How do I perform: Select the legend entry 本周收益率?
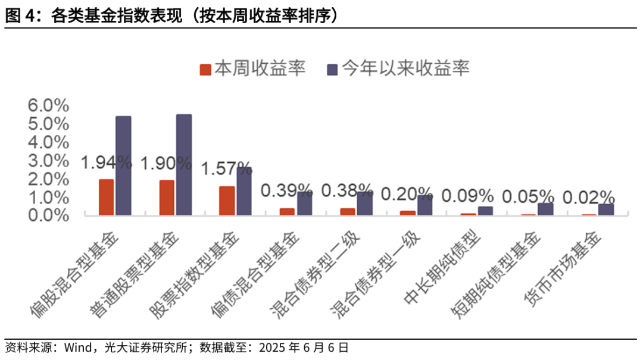(252, 69)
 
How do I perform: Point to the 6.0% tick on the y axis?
(48, 105)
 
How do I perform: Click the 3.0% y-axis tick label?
(48, 160)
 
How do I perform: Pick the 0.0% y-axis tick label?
(48, 215)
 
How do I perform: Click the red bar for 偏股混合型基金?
(106, 197)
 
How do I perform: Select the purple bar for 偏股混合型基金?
(123, 165)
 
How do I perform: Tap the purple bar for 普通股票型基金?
(184, 165)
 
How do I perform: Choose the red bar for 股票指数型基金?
(227, 201)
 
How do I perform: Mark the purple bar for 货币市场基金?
(606, 209)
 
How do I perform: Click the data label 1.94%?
(106, 162)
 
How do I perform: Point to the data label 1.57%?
(227, 169)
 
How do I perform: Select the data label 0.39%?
(287, 191)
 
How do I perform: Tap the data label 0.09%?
(468, 195)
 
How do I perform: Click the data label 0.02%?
(588, 196)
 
